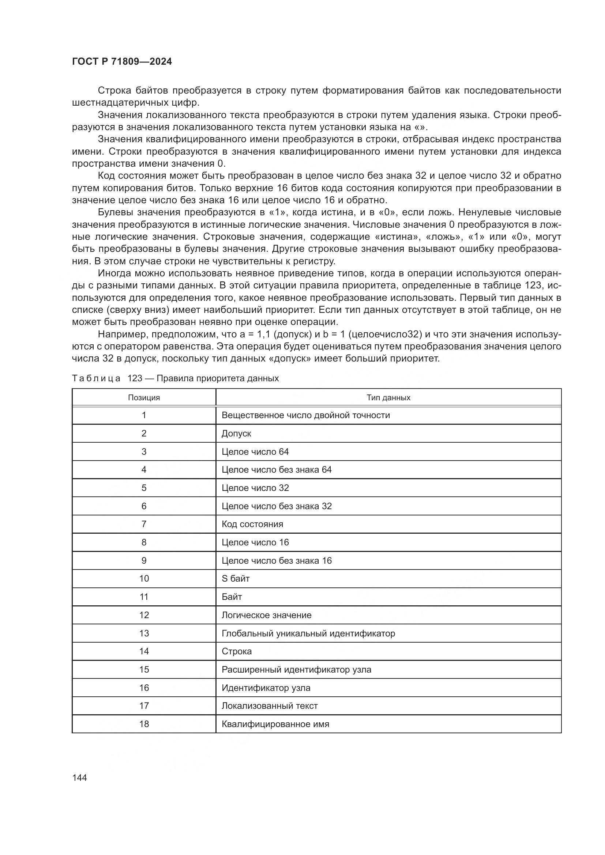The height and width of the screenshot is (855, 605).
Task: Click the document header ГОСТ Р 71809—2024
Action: pyautogui.click(x=122, y=62)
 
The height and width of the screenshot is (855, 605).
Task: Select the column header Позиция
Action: pyautogui.click(x=144, y=397)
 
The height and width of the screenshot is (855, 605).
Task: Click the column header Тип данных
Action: pyautogui.click(x=388, y=397)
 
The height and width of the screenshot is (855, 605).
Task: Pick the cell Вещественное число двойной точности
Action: pyautogui.click(x=305, y=415)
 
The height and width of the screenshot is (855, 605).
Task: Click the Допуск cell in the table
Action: pyautogui.click(x=236, y=434)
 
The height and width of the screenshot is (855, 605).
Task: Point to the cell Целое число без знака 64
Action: pyautogui.click(x=277, y=470)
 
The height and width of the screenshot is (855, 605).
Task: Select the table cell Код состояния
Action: pyautogui.click(x=252, y=524)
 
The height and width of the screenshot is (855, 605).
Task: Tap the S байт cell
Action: pyautogui.click(x=236, y=579)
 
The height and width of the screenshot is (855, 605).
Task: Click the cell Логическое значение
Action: pyautogui.click(x=266, y=615)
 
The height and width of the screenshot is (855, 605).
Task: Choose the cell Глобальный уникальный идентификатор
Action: pyautogui.click(x=308, y=633)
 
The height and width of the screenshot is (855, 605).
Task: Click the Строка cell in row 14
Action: pyautogui.click(x=237, y=651)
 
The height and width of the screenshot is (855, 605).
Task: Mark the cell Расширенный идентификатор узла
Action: pyautogui.click(x=296, y=670)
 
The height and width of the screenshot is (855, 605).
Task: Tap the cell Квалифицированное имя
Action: pyautogui.click(x=275, y=724)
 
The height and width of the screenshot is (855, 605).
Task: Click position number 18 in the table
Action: pyautogui.click(x=144, y=724)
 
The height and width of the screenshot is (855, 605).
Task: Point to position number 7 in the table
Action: pyautogui.click(x=144, y=524)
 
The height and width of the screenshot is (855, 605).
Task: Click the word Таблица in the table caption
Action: pyautogui.click(x=96, y=378)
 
